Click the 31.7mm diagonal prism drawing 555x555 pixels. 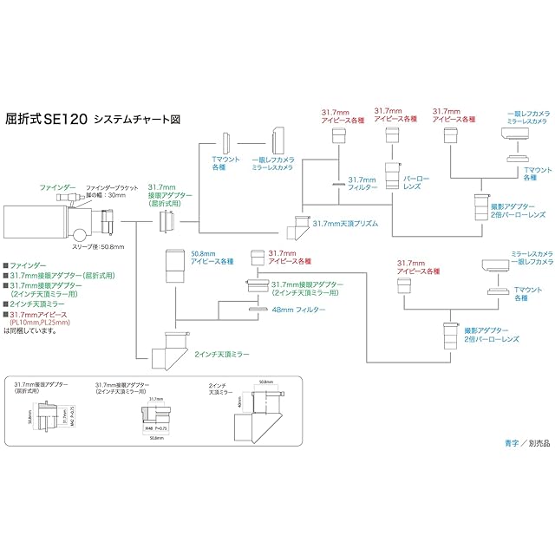click(x=304, y=227)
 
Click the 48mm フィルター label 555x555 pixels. click(x=299, y=310)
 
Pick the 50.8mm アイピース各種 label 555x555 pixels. click(x=212, y=255)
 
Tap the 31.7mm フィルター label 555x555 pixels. click(x=362, y=184)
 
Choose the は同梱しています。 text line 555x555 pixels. click(x=28, y=330)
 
